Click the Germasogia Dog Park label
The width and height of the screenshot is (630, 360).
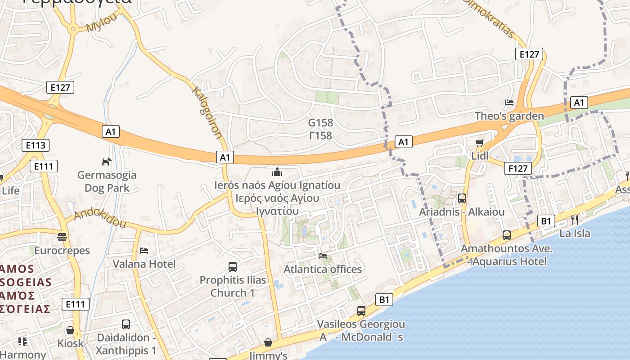(x=107, y=181)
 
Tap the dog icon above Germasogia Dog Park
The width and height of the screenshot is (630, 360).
(x=106, y=162)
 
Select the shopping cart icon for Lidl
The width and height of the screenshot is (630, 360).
(x=480, y=143)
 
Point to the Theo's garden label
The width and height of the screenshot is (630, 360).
(x=509, y=116)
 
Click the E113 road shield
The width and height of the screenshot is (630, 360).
(x=36, y=145)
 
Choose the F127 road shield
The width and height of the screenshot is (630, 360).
(x=517, y=168)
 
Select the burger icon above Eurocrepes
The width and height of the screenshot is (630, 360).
(x=62, y=237)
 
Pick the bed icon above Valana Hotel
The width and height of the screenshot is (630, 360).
(x=144, y=250)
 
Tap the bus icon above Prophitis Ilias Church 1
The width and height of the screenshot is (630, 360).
(x=233, y=266)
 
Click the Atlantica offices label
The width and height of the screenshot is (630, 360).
(x=323, y=269)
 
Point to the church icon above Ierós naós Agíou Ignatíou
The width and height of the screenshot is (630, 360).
(x=277, y=172)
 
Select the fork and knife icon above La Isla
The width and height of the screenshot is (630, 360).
(x=575, y=220)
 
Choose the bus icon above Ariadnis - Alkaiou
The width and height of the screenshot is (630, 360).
(x=462, y=198)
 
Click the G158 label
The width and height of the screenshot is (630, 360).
(x=320, y=122)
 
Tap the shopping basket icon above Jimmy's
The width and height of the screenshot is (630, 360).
(x=268, y=343)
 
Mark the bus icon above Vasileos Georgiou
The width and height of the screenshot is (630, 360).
(x=361, y=310)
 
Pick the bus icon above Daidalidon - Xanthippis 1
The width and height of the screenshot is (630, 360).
(x=126, y=324)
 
